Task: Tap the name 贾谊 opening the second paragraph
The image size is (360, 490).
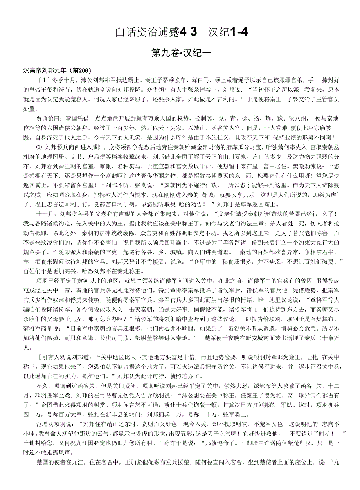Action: click(x=43, y=118)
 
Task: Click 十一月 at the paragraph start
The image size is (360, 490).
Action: click(x=44, y=214)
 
